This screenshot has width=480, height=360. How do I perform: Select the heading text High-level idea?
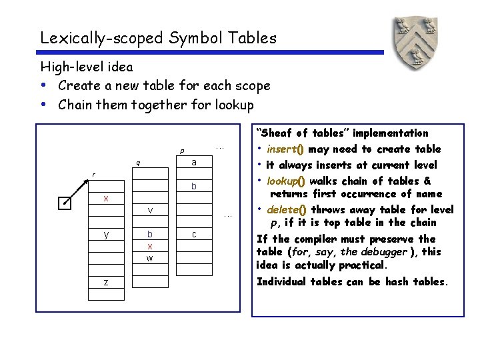pos(87,67)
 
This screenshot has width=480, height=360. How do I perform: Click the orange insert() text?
pos(285,149)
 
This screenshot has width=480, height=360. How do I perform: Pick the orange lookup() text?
pos(286,181)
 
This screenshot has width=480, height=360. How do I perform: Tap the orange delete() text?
pos(285,209)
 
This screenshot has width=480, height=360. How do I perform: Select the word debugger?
pos(381,252)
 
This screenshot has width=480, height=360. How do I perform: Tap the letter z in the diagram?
pos(106,283)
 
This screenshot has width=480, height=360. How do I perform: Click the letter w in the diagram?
pos(150,258)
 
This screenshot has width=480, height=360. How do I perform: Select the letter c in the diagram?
pos(193,234)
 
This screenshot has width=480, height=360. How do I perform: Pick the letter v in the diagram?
pos(151,211)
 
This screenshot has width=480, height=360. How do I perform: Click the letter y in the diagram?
pos(106,234)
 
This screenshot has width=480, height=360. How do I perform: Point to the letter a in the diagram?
pos(193,163)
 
